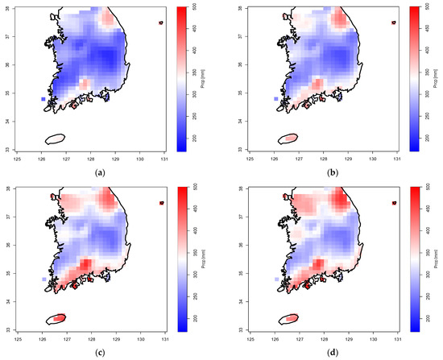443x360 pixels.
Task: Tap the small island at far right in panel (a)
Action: [x=162, y=23]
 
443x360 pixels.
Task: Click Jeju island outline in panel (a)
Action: [x=55, y=139]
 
